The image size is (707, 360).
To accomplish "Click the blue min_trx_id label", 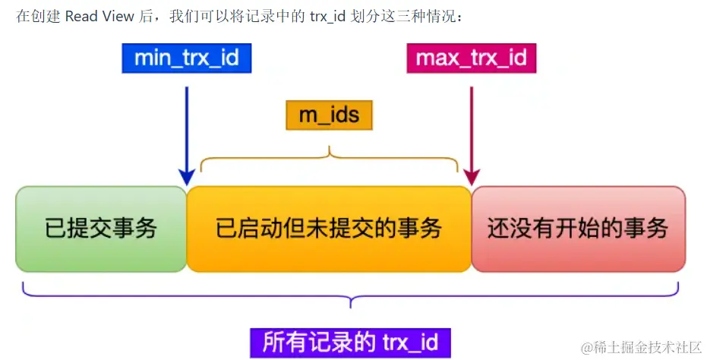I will click(186, 58).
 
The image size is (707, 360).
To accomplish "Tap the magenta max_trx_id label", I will click(472, 58).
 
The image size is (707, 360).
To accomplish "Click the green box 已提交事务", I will click(101, 229).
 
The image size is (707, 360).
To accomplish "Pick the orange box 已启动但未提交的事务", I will click(329, 229).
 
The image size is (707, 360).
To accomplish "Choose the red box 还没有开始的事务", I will click(578, 229).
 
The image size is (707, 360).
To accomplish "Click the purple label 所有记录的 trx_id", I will click(350, 342).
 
